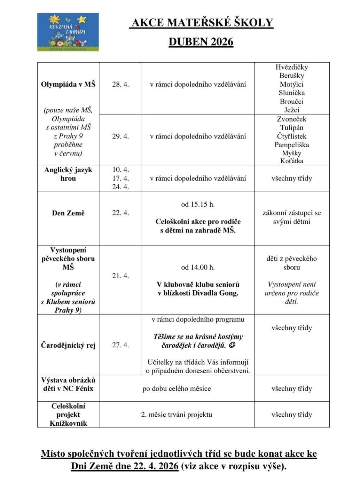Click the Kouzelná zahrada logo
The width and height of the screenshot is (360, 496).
point(68,32)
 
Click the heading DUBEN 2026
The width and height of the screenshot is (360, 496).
point(201,42)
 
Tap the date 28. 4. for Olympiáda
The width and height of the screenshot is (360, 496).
point(120,84)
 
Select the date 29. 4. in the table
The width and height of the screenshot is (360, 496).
point(120,136)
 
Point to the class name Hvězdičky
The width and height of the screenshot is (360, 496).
point(292,67)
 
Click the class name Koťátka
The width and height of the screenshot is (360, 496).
point(292,161)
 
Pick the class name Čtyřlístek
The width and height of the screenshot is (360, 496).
point(292,136)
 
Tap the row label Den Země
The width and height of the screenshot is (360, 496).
point(68,213)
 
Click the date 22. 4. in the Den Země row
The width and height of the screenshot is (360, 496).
point(120,213)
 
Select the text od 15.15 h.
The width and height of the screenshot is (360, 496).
point(198,204)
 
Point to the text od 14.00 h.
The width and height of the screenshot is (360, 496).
point(198,267)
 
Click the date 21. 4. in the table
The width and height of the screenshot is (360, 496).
point(120,276)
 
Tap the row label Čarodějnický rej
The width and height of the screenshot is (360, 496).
point(68,345)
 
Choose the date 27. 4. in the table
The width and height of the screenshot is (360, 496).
point(120,345)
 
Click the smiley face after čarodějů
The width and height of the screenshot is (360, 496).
point(232,345)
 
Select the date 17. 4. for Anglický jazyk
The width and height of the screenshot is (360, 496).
point(120,178)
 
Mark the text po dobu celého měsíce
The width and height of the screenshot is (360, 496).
point(177,388)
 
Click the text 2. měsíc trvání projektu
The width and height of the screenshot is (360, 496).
point(177,415)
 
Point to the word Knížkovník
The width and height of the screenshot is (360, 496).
point(68,423)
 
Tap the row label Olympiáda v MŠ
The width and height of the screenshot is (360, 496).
point(68,84)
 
